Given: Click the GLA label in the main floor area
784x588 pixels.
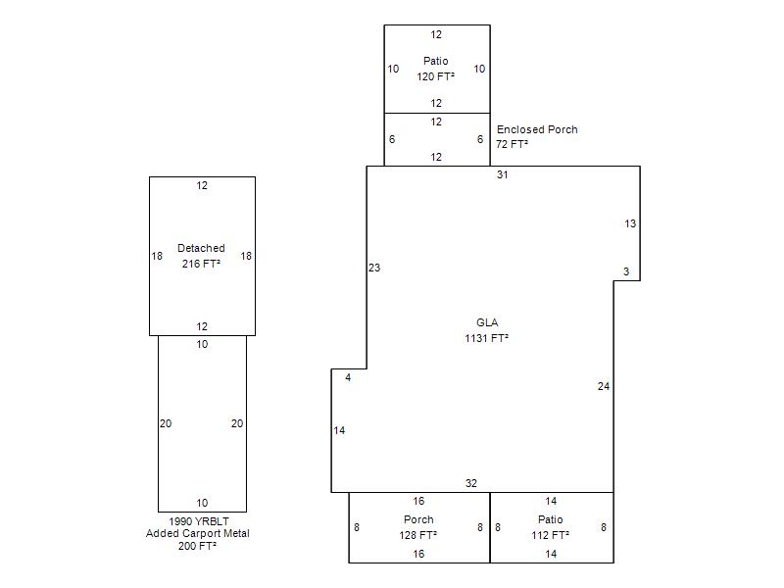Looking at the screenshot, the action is pyautogui.click(x=487, y=322).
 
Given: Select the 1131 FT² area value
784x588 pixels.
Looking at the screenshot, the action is pyautogui.click(x=486, y=338).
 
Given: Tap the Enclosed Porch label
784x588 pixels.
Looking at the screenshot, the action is pyautogui.click(x=537, y=129).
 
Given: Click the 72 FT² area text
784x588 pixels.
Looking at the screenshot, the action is pyautogui.click(x=512, y=144).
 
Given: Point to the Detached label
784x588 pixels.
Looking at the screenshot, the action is pyautogui.click(x=201, y=248).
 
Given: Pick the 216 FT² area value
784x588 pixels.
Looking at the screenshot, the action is pyautogui.click(x=201, y=264).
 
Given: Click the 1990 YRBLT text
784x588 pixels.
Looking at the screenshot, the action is pyautogui.click(x=199, y=521).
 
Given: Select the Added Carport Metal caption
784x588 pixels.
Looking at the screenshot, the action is pyautogui.click(x=198, y=533).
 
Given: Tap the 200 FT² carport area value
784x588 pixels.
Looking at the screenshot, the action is pyautogui.click(x=197, y=546).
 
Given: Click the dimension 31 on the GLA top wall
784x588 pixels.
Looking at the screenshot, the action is pyautogui.click(x=503, y=174).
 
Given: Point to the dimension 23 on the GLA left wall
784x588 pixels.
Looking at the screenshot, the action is pyautogui.click(x=374, y=268).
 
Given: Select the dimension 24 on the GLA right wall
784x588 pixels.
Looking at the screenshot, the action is pyautogui.click(x=604, y=386).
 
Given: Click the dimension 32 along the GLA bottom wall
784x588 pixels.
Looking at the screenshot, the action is pyautogui.click(x=471, y=483).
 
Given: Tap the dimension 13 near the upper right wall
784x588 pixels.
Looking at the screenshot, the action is pyautogui.click(x=630, y=223).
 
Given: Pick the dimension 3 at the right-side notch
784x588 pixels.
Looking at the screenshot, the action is pyautogui.click(x=626, y=271).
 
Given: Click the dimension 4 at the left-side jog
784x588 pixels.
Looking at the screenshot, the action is pyautogui.click(x=348, y=377).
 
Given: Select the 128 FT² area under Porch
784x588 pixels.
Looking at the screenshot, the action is pyautogui.click(x=418, y=535).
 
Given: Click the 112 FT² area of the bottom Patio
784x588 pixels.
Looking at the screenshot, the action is pyautogui.click(x=550, y=535).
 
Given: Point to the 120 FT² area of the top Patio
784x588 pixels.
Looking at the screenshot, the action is pyautogui.click(x=435, y=76).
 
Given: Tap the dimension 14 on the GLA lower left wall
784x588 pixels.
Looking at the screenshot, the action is pyautogui.click(x=339, y=430).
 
